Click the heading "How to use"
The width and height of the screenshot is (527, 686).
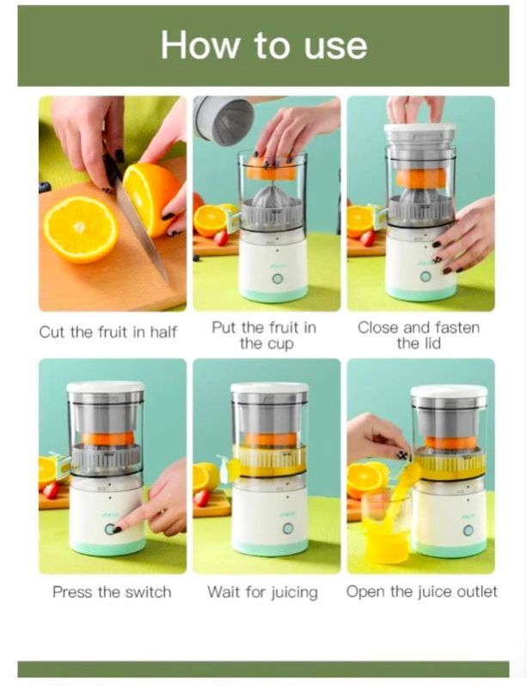[264, 45]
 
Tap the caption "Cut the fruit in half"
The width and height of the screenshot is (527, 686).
[108, 332]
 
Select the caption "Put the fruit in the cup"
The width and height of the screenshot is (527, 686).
[264, 335]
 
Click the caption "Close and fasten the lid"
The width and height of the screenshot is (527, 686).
[419, 335]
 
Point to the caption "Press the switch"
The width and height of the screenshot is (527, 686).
[112, 592]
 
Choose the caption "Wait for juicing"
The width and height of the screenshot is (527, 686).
[262, 592]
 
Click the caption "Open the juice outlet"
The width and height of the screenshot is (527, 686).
[421, 592]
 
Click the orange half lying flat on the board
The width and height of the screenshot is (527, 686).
[81, 230]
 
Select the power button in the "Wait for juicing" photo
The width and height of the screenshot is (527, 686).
[288, 529]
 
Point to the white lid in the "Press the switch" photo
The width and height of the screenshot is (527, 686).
[105, 387]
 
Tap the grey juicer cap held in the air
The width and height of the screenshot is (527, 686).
[224, 120]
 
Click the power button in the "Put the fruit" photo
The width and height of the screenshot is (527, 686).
[277, 279]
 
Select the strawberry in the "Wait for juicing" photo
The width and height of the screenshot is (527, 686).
[201, 499]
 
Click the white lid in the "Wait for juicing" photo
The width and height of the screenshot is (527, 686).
[269, 388]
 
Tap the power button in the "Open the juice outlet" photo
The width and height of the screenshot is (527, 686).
[469, 530]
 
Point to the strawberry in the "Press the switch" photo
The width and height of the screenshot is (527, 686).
[51, 491]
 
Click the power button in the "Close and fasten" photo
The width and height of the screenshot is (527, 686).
[425, 277]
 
